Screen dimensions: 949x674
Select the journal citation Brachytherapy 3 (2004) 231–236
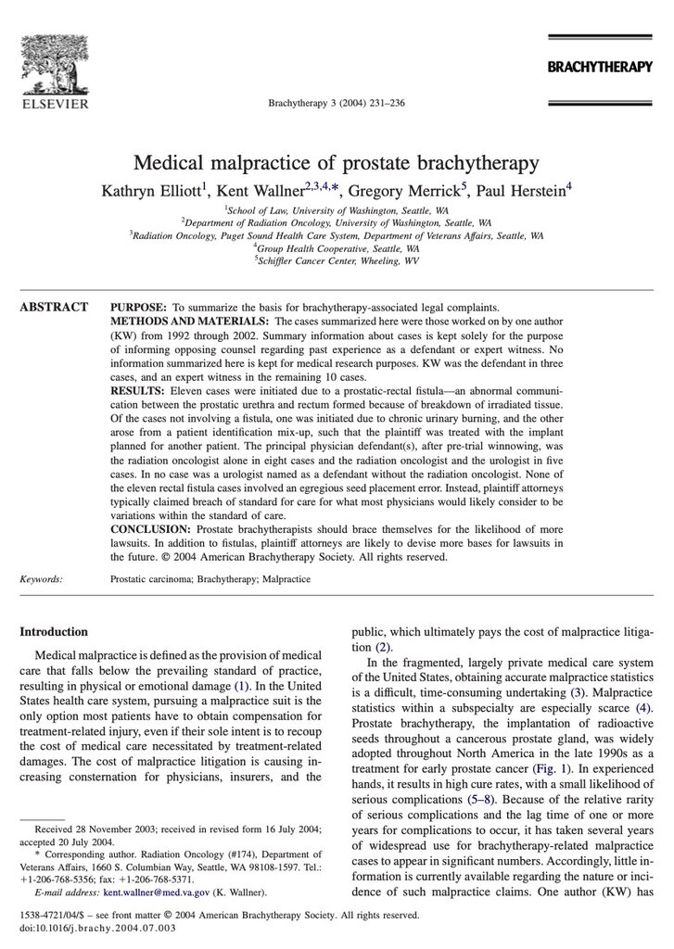pos(336,104)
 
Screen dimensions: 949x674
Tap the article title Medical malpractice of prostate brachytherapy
pos(337,164)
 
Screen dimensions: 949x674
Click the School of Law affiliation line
pos(337,211)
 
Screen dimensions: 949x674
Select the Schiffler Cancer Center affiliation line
pos(337,262)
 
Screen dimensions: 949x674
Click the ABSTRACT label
pos(54,307)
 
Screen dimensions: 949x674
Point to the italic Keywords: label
pos(42,578)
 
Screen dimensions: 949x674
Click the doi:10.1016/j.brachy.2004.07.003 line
pos(96,927)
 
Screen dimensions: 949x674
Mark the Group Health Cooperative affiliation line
pos(337,249)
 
